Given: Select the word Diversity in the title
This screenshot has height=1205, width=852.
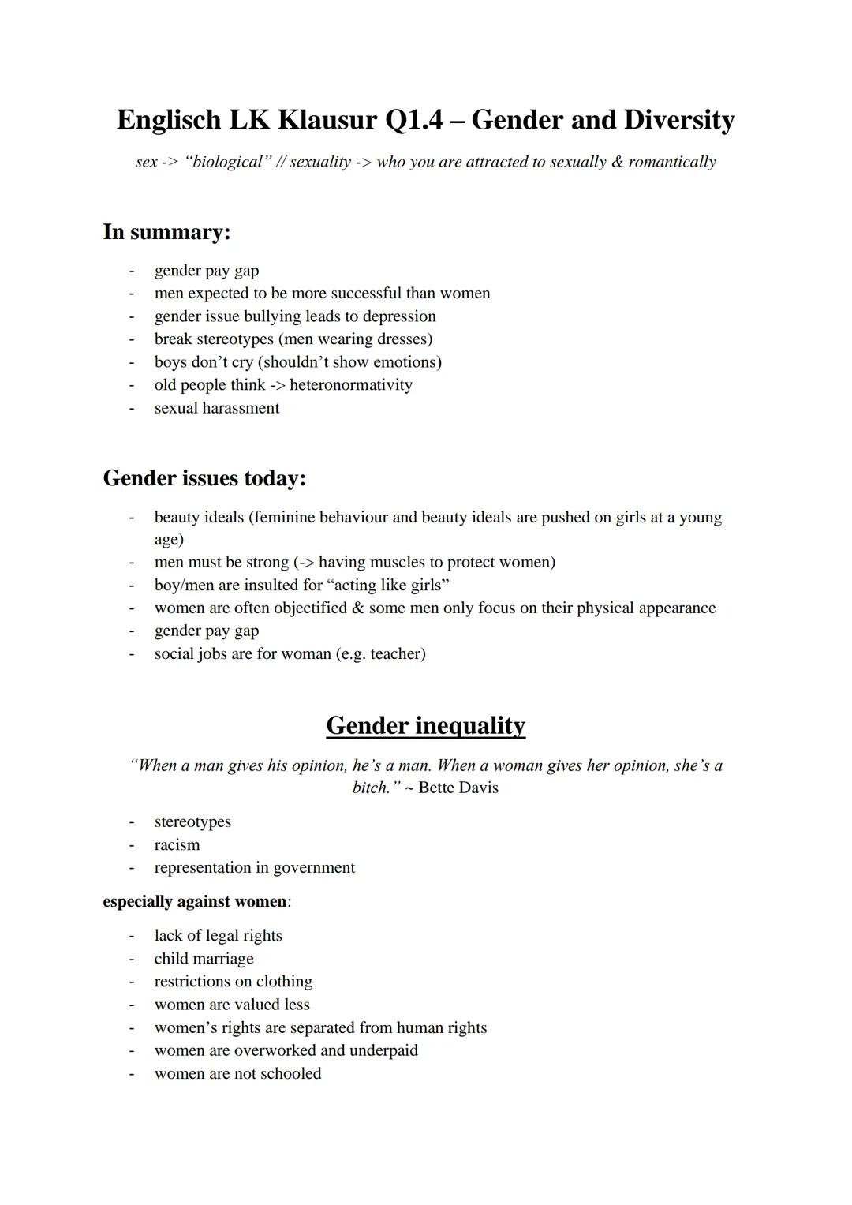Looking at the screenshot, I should click(x=679, y=120).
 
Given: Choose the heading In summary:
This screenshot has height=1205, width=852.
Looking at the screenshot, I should click(x=166, y=232).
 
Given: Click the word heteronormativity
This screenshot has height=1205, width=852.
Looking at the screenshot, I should click(x=350, y=385).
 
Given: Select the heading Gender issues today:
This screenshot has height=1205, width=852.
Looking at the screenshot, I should click(x=204, y=478).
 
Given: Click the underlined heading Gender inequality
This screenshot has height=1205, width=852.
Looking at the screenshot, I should click(x=425, y=725).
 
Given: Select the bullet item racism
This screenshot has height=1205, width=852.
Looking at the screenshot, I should click(x=177, y=845).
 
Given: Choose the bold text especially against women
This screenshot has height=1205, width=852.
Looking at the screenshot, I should click(x=195, y=902).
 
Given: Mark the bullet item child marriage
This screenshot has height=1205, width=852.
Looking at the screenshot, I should click(x=204, y=959).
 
